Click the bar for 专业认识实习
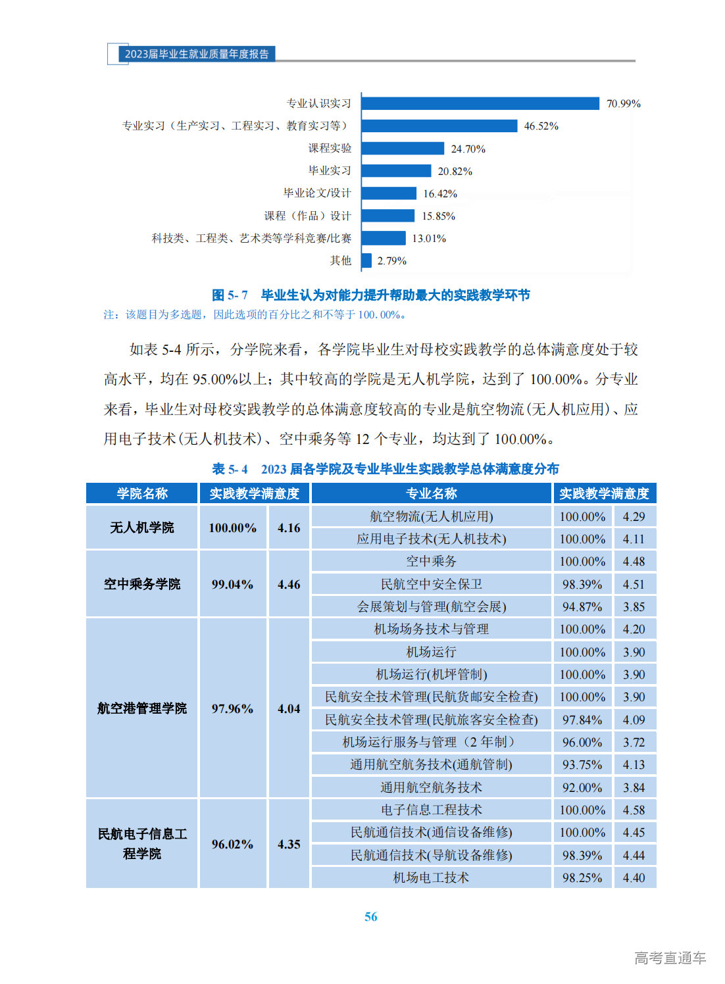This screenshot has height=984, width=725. [480, 103]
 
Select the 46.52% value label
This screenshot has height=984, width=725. [541, 126]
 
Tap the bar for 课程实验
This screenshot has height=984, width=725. [403, 149]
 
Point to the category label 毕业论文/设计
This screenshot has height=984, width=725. [317, 193]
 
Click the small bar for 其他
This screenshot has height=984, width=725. [366, 260]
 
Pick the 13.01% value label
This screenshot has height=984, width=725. [429, 239]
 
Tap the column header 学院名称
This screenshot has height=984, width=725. [142, 493]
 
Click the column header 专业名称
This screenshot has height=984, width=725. [431, 493]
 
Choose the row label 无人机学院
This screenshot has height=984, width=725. [142, 528]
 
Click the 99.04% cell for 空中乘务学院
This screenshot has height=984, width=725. [232, 584]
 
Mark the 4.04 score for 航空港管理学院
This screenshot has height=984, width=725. [289, 708]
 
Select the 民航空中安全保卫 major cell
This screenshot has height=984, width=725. [431, 584]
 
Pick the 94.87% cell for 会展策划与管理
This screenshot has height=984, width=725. [582, 606]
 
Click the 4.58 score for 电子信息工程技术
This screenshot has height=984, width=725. [634, 810]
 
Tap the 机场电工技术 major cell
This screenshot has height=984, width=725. [431, 877]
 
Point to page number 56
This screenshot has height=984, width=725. [370, 916]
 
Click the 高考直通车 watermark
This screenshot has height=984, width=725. [670, 958]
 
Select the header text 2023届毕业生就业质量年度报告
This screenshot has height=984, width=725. [197, 54]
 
